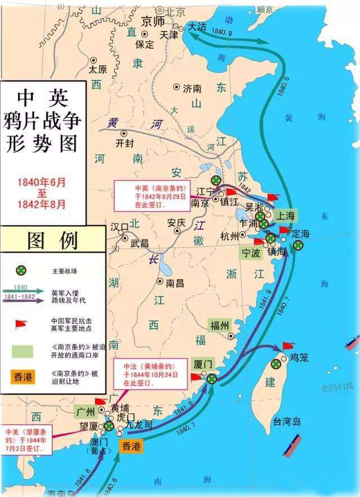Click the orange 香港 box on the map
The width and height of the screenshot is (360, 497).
coord(132,446)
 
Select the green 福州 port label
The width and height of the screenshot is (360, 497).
coord(220,325)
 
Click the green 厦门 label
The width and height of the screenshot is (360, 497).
coord(202,364)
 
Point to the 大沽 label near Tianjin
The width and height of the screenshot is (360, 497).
coord(198,26)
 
